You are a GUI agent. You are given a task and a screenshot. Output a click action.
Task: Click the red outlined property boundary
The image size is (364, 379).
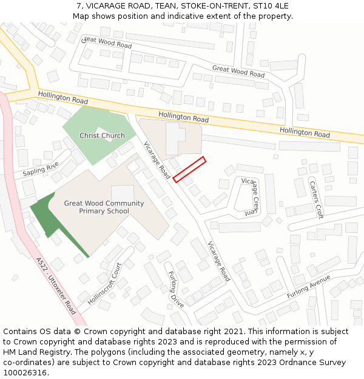point(189,169)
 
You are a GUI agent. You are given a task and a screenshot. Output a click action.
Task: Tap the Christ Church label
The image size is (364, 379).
point(102,136)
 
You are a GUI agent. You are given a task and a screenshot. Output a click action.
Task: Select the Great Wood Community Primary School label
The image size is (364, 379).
point(104,207)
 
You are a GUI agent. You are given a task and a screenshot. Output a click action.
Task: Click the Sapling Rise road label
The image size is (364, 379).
point(41,169)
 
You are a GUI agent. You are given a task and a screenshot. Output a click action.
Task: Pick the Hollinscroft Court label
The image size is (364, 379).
point(104,283)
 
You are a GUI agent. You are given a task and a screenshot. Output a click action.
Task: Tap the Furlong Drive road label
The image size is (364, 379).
point(176,289)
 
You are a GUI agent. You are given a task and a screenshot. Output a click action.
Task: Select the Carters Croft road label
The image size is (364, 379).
point(316,200)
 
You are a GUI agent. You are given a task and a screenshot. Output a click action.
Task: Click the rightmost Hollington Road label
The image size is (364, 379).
point(305,132)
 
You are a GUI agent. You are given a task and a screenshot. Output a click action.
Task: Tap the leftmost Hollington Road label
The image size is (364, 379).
point(63,97)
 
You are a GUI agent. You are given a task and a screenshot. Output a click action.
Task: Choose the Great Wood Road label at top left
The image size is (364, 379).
point(107,42)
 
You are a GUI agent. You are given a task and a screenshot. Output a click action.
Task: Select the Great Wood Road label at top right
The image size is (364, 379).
point(238,71)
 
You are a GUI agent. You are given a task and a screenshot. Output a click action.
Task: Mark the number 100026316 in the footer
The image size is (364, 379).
point(26,373)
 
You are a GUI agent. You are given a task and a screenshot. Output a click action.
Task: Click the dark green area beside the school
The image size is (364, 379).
point(45,213)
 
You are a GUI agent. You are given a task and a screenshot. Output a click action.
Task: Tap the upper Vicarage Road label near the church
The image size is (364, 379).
point(157,159)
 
